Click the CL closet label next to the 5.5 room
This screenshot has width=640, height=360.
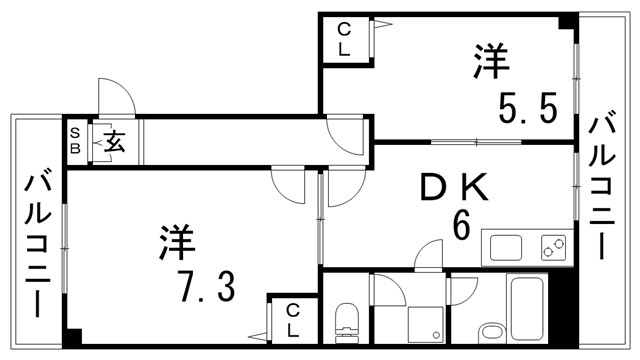tap(343, 39)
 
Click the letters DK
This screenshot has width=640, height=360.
tap(452, 187)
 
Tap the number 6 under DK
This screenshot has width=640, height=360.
tap(461, 226)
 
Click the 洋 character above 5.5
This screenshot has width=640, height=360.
tap(492, 62)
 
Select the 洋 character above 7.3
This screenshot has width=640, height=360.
tap(178, 243)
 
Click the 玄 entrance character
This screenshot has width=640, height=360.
tap(114, 142)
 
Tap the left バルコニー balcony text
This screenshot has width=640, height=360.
tap(39, 243)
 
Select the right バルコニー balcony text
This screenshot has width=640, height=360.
tap(603, 186)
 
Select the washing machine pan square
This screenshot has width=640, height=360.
tap(426, 325)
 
